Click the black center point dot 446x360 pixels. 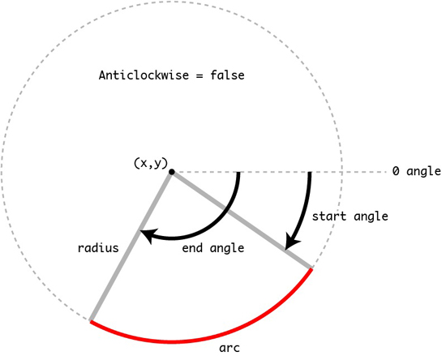click(x=172, y=172)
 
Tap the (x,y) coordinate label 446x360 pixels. click(x=151, y=164)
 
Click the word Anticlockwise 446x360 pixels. click(x=144, y=75)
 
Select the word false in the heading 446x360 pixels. click(x=227, y=75)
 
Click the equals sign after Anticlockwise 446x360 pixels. click(x=199, y=76)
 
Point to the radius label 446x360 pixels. click(x=98, y=248)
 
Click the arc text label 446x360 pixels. click(x=229, y=348)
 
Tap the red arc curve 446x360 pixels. click(x=172, y=342)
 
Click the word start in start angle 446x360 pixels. click(x=329, y=216)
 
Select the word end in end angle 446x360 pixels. click(x=192, y=248)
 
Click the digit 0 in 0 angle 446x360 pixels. click(x=396, y=171)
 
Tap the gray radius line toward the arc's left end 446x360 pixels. click(x=131, y=246)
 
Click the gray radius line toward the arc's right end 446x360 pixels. click(x=242, y=220)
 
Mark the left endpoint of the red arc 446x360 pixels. click(x=90, y=321)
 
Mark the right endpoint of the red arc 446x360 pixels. click(x=311, y=269)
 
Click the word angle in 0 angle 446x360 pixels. click(x=424, y=172)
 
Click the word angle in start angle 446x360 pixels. click(x=371, y=217)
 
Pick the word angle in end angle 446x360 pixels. click(x=227, y=249)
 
